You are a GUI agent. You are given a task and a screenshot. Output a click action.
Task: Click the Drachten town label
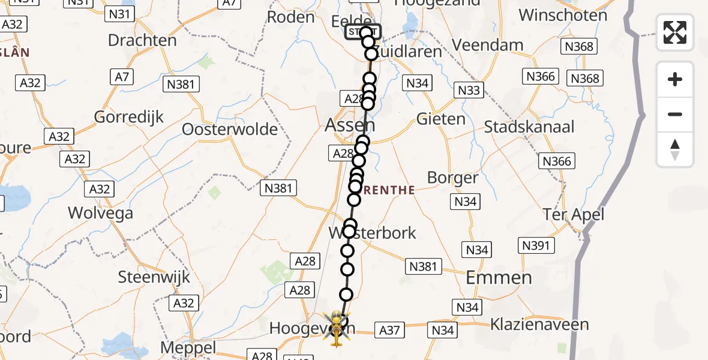click(142, 40)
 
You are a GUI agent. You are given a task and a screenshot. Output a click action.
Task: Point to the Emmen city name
click(499, 277)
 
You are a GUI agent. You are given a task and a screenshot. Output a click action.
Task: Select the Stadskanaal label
click(529, 127)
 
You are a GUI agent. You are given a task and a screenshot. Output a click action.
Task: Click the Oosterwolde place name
click(230, 129)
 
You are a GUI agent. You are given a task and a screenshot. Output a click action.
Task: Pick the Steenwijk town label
click(154, 277)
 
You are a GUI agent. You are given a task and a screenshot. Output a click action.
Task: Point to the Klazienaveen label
click(539, 325)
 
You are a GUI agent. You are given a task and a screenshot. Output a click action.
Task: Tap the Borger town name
click(452, 178)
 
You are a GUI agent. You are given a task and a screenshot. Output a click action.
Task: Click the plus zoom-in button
click(675, 79)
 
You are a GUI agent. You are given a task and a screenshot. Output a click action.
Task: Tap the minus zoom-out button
click(675, 114)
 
